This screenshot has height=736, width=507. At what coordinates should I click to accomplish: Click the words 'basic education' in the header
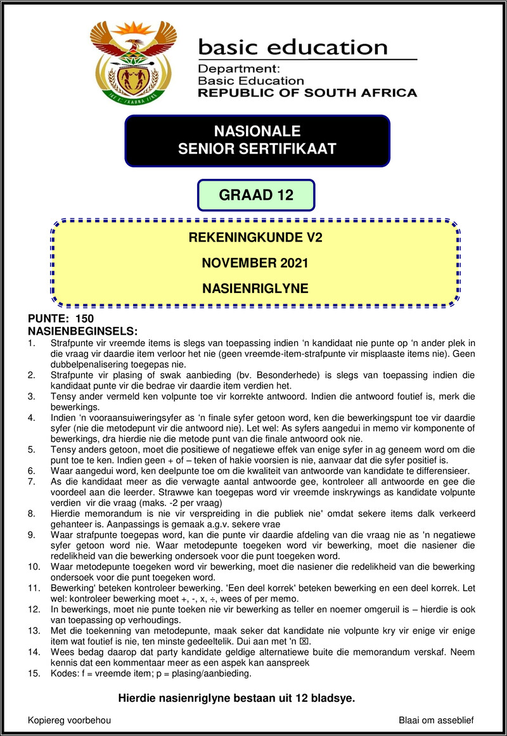[x=292, y=47]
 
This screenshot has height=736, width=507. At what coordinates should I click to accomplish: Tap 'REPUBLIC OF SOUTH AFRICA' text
[x=307, y=93]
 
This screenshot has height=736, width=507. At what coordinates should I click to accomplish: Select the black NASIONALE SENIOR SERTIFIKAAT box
[x=257, y=141]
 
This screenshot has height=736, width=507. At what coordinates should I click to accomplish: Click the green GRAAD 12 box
[x=256, y=195]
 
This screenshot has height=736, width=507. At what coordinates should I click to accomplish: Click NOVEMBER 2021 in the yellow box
[x=255, y=263]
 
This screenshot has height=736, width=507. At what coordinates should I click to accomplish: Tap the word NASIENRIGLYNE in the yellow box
[x=255, y=288]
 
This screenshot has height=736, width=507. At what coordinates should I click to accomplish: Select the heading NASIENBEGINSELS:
[x=83, y=331]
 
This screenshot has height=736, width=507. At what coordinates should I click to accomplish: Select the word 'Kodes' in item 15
[x=63, y=674]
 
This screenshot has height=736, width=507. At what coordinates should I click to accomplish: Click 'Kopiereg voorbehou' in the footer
[x=69, y=721]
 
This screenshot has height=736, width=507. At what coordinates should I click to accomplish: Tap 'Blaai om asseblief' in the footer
[x=436, y=721]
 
